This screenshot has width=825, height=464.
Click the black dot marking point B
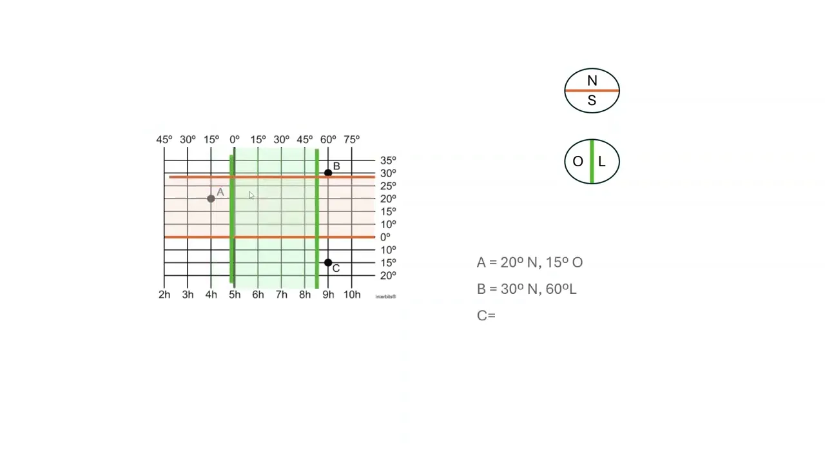(x=328, y=173)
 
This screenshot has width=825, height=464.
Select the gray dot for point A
(x=211, y=199)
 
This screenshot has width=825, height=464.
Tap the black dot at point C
(x=328, y=262)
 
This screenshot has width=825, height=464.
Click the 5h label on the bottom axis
(x=235, y=295)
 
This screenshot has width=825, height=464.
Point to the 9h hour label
(x=328, y=295)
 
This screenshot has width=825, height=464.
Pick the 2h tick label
(x=164, y=295)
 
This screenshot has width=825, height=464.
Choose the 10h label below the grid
(x=352, y=295)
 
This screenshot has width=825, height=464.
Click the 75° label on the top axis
(x=352, y=140)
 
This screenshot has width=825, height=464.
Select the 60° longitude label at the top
(x=328, y=140)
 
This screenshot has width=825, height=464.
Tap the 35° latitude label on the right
(x=388, y=160)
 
